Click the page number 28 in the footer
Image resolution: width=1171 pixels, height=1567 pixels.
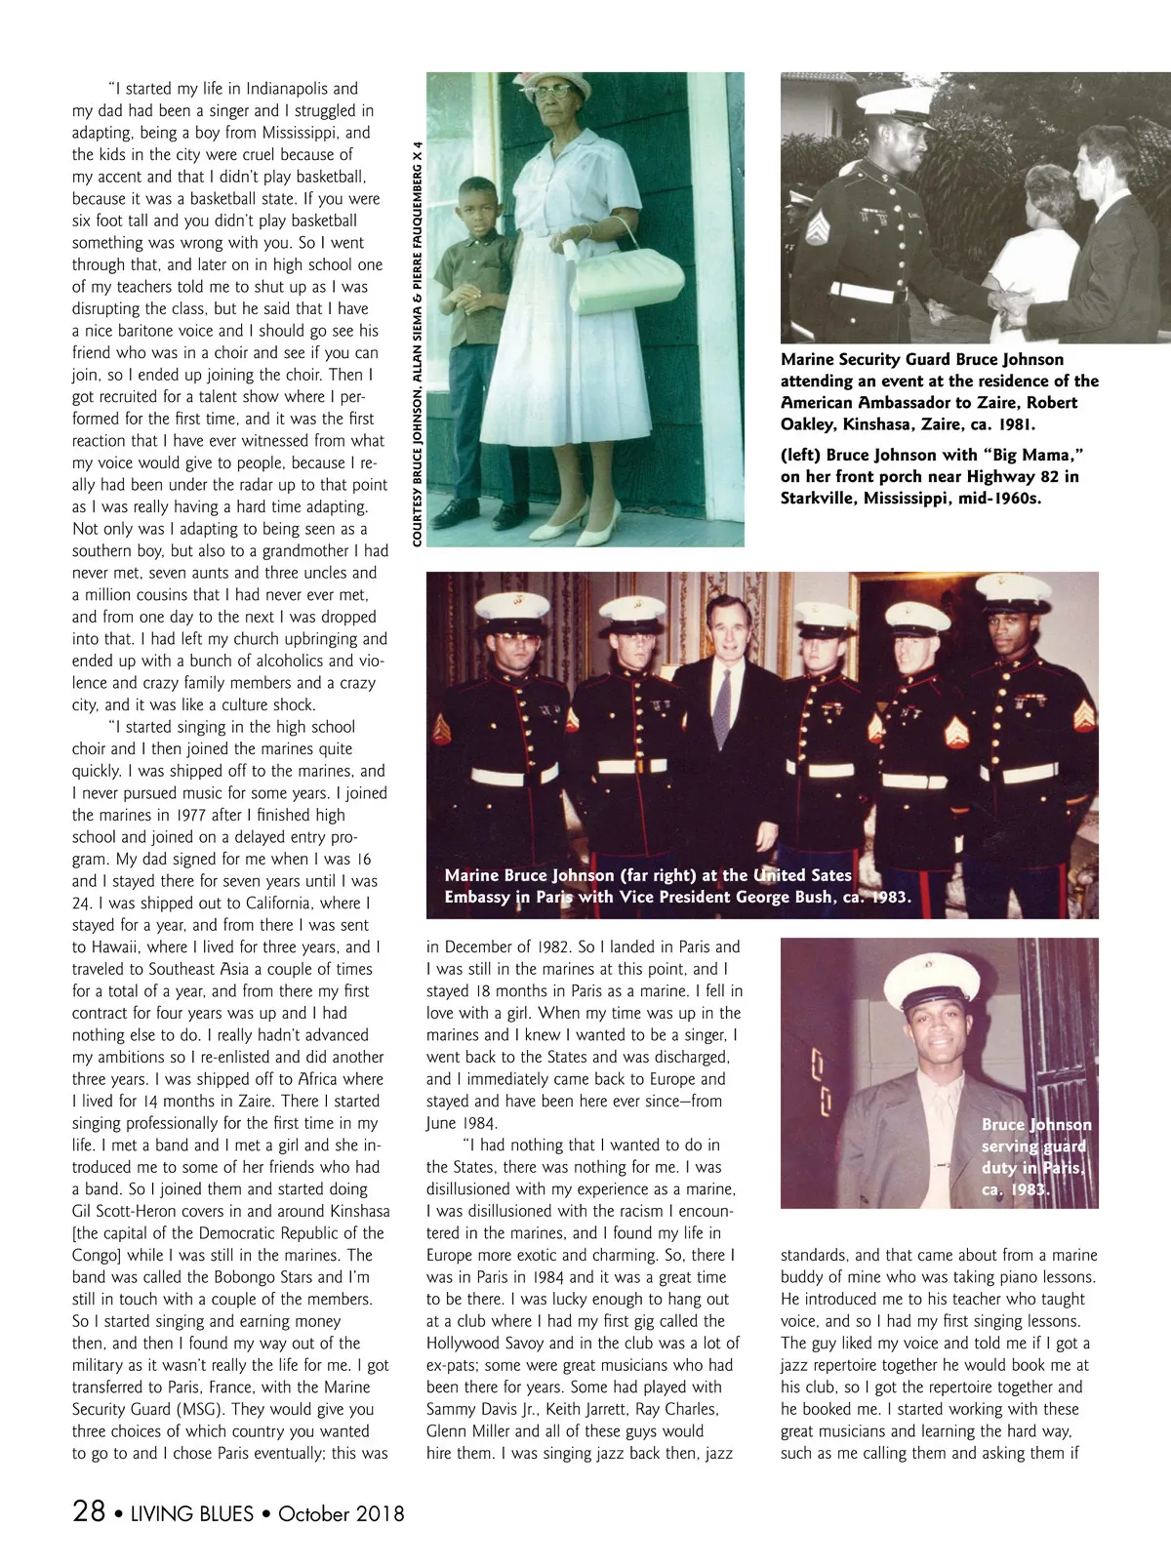(89, 1511)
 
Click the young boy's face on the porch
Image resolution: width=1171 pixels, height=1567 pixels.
(476, 205)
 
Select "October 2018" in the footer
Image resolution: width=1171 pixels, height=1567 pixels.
(341, 1513)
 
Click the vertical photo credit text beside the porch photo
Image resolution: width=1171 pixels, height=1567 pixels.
(417, 342)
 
